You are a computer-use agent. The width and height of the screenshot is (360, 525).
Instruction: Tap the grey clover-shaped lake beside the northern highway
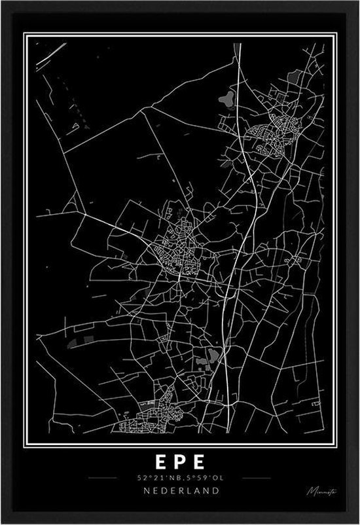(x=226, y=99)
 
